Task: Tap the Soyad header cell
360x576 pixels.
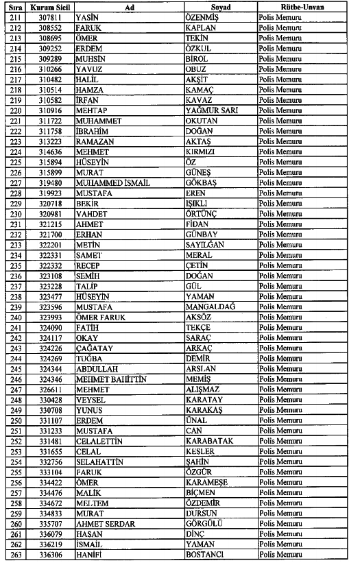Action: (x=220, y=6)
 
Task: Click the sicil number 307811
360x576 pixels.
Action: (x=50, y=16)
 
